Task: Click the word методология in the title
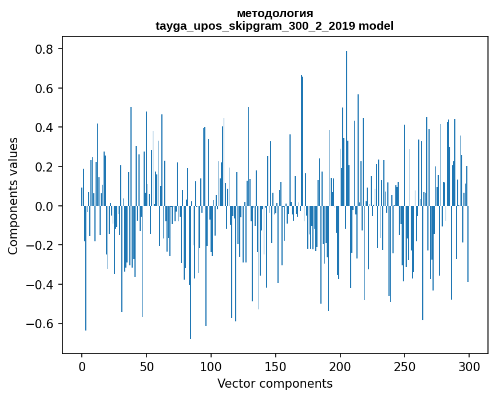pyautogui.click(x=275, y=13)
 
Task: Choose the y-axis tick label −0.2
pyautogui.click(x=42, y=245)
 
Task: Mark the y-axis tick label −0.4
pyautogui.click(x=42, y=284)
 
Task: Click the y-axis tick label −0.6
pyautogui.click(x=42, y=324)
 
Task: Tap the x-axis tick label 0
pyautogui.click(x=82, y=366)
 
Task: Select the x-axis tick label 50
pyautogui.click(x=146, y=366)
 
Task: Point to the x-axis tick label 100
pyautogui.click(x=211, y=366)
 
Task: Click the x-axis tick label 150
pyautogui.click(x=276, y=366)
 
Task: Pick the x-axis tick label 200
pyautogui.click(x=340, y=366)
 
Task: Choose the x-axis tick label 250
pyautogui.click(x=404, y=366)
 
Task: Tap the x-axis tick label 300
pyautogui.click(x=469, y=366)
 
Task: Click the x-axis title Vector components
pyautogui.click(x=275, y=383)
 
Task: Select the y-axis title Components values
pyautogui.click(x=13, y=196)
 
